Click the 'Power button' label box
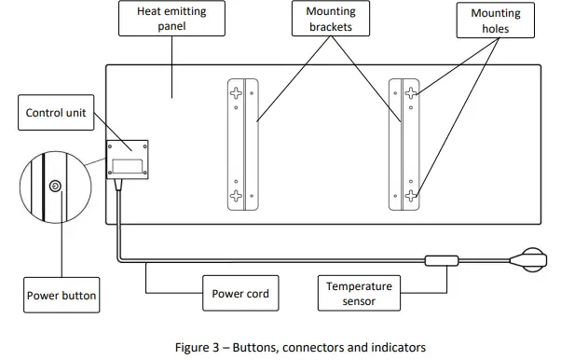[x=61, y=296]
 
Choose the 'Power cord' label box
[x=240, y=294]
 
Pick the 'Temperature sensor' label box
[x=360, y=292]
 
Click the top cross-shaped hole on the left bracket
[x=237, y=93]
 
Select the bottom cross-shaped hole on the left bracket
[x=237, y=196]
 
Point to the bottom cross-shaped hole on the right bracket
[x=410, y=196]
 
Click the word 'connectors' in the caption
[x=314, y=347]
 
